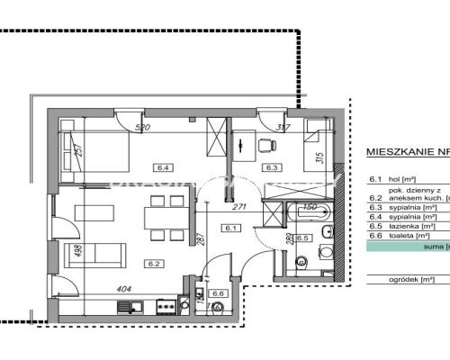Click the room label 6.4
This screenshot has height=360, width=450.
[x=163, y=166]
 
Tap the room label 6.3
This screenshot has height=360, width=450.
[x=269, y=166]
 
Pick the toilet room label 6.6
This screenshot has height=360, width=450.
[x=217, y=293]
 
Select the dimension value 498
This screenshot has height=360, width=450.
[x=56, y=250]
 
